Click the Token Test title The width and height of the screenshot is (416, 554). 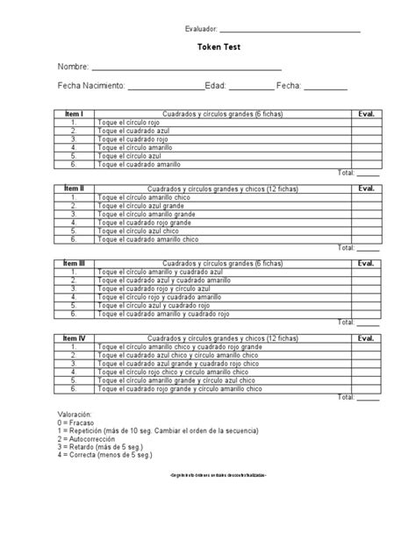pyautogui.click(x=207, y=50)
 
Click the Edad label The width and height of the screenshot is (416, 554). pyautogui.click(x=216, y=86)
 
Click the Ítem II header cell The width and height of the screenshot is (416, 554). pyautogui.click(x=75, y=188)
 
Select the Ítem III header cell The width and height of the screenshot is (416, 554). pyautogui.click(x=75, y=262)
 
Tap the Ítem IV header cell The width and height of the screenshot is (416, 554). pyautogui.click(x=75, y=337)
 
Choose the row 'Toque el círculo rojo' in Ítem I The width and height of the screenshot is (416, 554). pyautogui.click(x=131, y=123)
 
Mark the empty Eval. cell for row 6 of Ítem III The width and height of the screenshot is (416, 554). pyautogui.click(x=365, y=314)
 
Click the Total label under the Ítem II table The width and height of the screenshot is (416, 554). pyautogui.click(x=346, y=248)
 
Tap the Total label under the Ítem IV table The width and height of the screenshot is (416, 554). pyautogui.click(x=346, y=396)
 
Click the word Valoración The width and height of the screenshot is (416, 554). pyautogui.click(x=75, y=412)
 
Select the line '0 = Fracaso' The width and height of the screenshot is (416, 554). pyautogui.click(x=77, y=421)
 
